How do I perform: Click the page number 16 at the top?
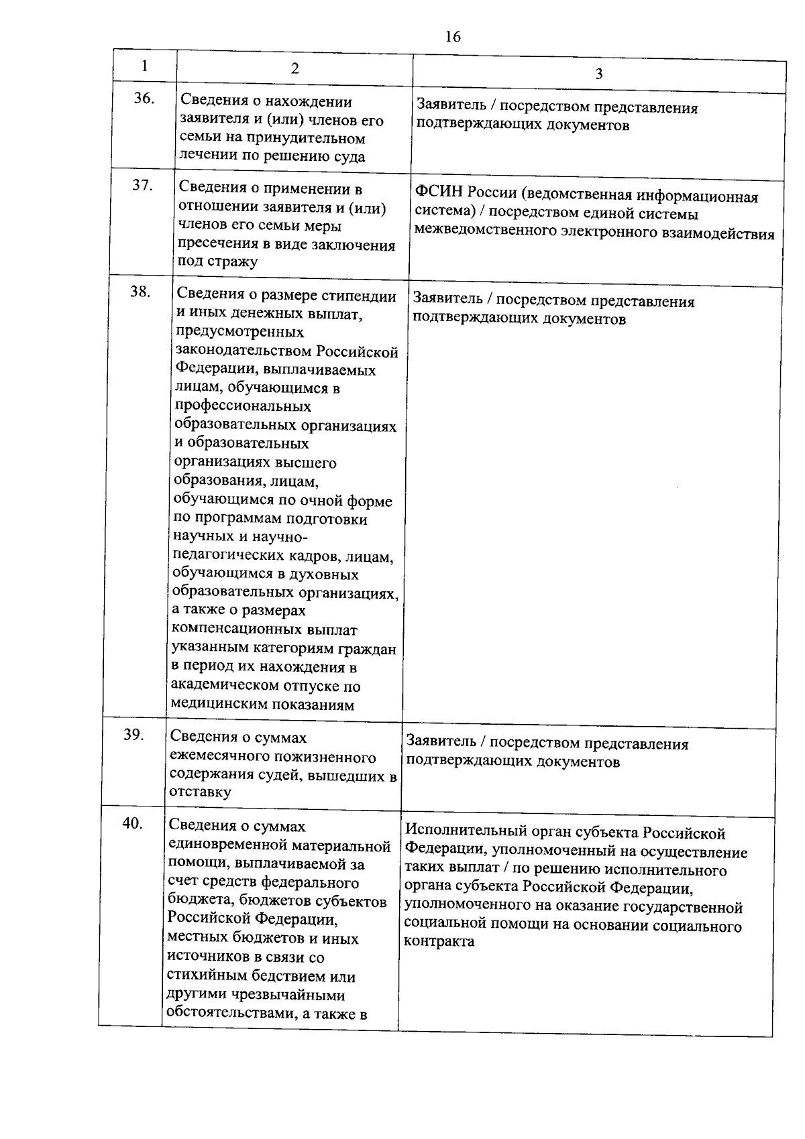[x=453, y=37]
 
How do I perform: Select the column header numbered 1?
[x=144, y=66]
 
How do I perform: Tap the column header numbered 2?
[x=294, y=68]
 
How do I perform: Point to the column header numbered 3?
[x=598, y=74]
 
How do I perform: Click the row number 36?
[x=144, y=99]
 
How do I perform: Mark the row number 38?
[x=140, y=292]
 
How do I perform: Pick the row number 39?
[x=135, y=734]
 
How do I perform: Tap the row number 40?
[x=133, y=823]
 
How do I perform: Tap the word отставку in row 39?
[x=201, y=792]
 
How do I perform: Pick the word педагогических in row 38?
[x=225, y=557]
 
